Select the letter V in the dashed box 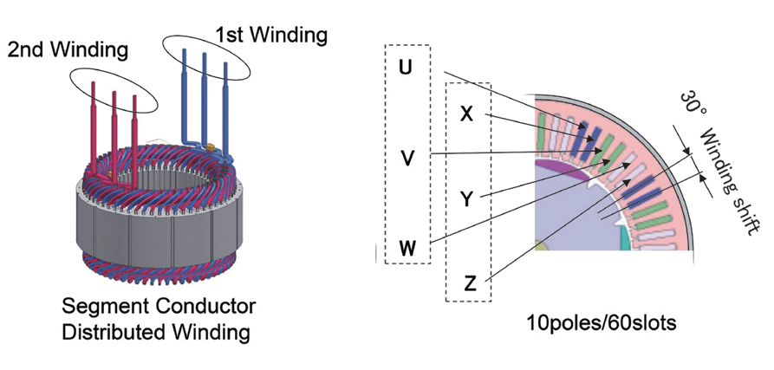(x=406, y=159)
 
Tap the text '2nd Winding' (x=68, y=50)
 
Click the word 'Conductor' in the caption (x=214, y=306)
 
